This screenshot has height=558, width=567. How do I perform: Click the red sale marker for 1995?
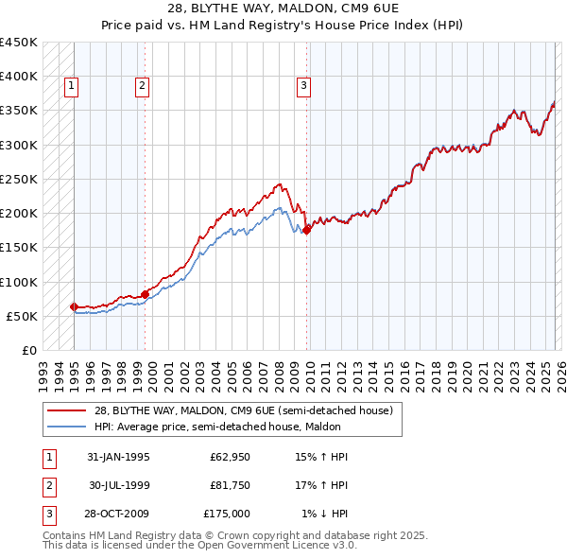pyautogui.click(x=74, y=306)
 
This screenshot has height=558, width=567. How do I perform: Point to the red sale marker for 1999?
pyautogui.click(x=145, y=294)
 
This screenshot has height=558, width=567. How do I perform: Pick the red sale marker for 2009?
pyautogui.click(x=307, y=230)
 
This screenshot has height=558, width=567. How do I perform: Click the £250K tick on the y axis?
pyautogui.click(x=19, y=179)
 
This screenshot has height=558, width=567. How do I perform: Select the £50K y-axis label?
pyautogui.click(x=23, y=316)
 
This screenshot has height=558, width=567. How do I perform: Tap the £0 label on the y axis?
pyautogui.click(x=29, y=350)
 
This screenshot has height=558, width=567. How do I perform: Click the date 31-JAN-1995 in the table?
pyautogui.click(x=118, y=457)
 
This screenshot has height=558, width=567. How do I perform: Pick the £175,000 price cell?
pyautogui.click(x=226, y=514)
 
